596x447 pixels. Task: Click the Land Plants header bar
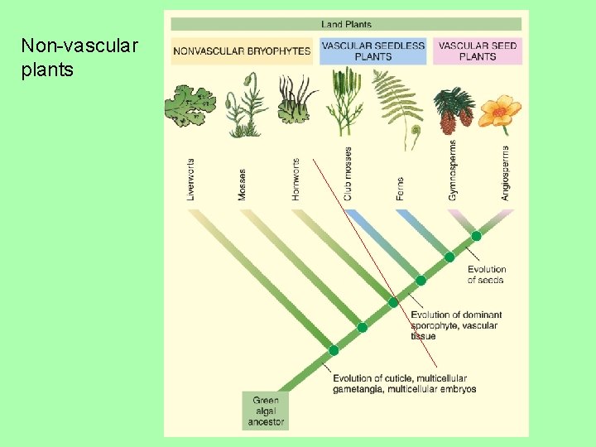click(346, 24)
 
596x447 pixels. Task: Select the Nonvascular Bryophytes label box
click(242, 51)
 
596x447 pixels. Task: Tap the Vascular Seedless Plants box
click(372, 51)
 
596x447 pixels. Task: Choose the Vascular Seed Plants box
click(478, 51)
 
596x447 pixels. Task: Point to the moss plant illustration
click(245, 105)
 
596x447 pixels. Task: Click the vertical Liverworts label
click(191, 180)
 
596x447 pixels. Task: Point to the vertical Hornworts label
click(296, 180)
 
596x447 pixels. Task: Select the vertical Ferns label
click(401, 188)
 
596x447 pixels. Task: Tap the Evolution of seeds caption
click(486, 275)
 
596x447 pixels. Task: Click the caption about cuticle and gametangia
click(404, 383)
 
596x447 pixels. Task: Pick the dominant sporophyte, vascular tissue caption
click(455, 325)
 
